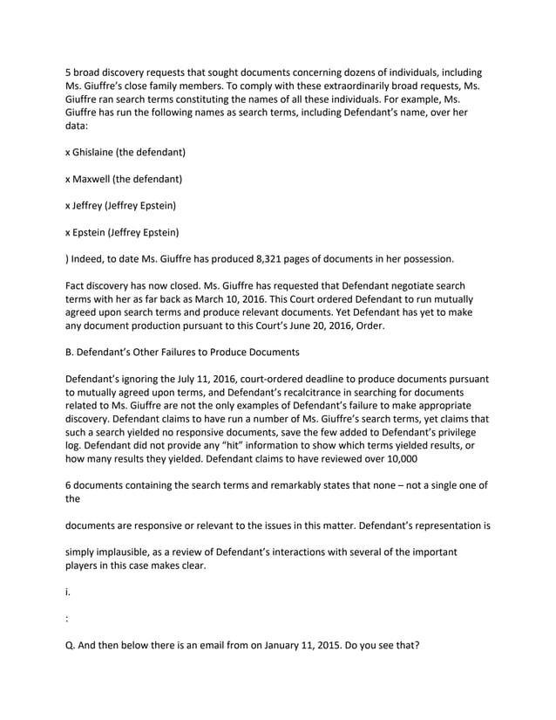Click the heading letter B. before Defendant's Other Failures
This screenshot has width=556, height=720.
[71, 353]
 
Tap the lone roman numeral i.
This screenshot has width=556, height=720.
[67, 591]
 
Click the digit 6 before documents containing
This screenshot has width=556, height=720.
[69, 485]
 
